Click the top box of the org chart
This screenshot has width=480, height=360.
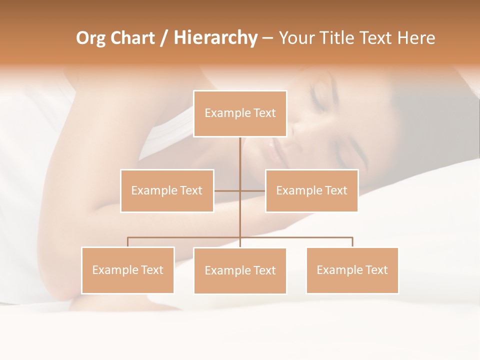pyautogui.click(x=240, y=113)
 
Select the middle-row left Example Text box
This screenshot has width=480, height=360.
pyautogui.click(x=167, y=190)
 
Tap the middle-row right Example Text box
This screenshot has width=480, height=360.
pyautogui.click(x=311, y=190)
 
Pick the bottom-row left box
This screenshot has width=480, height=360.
pyautogui.click(x=127, y=270)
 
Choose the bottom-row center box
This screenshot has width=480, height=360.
pyautogui.click(x=240, y=270)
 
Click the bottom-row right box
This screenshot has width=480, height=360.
pyautogui.click(x=352, y=270)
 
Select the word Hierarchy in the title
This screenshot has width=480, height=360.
pyautogui.click(x=215, y=38)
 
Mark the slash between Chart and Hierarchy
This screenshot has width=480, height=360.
pyautogui.click(x=164, y=38)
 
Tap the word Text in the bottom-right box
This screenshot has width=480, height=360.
pyautogui.click(x=376, y=270)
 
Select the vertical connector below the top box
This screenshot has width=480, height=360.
pyautogui.click(x=240, y=155)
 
